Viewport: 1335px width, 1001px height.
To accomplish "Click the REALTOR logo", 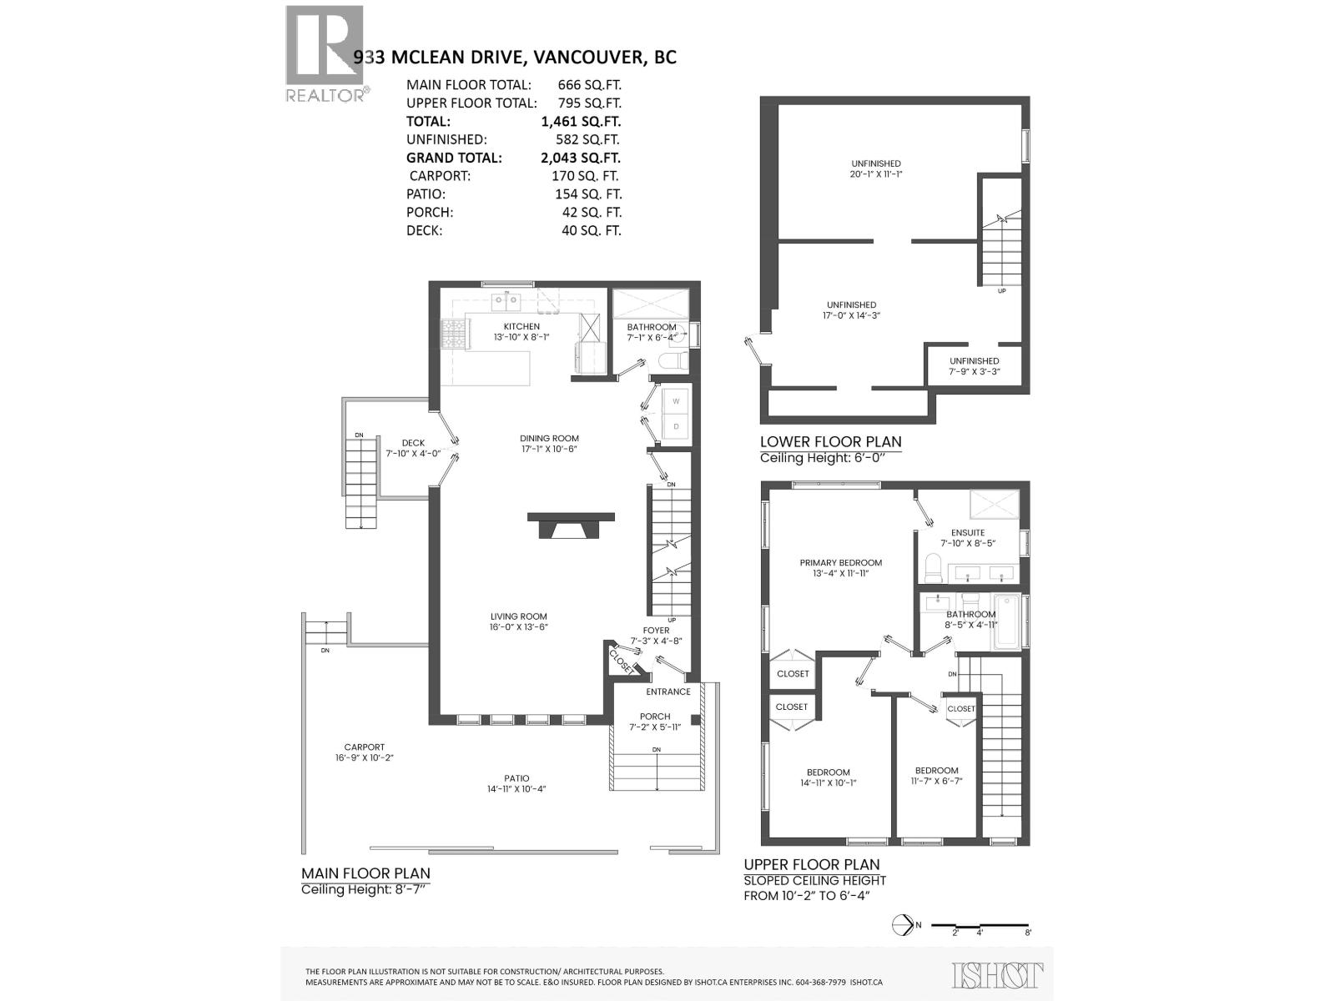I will [x=325, y=53].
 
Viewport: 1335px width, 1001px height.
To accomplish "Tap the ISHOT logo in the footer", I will [x=997, y=974].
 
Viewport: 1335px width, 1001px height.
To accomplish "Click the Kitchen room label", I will [x=521, y=326].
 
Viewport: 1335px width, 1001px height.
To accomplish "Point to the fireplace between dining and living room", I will [x=571, y=526].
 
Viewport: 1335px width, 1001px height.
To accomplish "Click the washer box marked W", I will [x=676, y=401].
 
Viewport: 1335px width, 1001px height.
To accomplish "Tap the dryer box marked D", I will [x=676, y=427].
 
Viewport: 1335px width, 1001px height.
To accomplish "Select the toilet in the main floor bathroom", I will [x=673, y=361].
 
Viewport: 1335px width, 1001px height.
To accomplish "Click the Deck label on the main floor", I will [x=413, y=443].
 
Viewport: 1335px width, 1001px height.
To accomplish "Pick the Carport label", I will [x=365, y=747].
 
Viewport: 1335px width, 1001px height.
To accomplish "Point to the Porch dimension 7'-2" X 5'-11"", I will [x=655, y=727].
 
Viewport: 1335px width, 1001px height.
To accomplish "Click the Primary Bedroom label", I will [x=840, y=562].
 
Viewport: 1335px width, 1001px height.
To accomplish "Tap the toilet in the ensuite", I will [x=932, y=571].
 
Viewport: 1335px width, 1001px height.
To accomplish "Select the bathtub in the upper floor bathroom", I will [x=1007, y=621].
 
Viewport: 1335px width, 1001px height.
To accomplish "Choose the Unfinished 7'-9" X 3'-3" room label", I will [x=974, y=361].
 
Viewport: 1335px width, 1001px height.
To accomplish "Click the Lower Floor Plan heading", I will [x=830, y=441].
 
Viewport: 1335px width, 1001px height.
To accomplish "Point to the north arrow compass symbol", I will [x=902, y=925].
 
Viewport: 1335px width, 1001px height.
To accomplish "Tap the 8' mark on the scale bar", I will [x=1028, y=933].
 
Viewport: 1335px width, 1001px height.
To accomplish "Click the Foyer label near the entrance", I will [x=656, y=631].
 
